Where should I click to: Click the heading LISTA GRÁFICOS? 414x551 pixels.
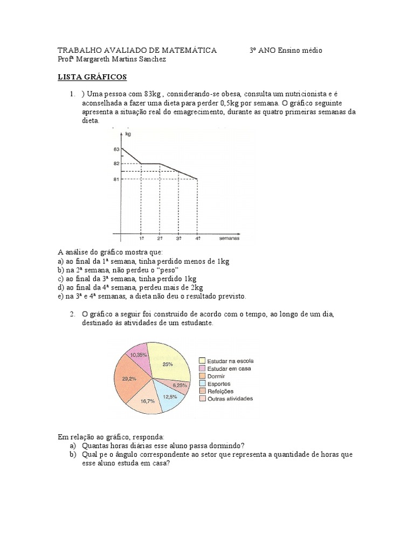[x=92, y=77]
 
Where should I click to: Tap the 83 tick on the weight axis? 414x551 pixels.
[x=116, y=149]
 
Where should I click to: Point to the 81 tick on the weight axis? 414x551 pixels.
[x=116, y=179]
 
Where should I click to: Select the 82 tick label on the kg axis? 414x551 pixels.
[x=116, y=163]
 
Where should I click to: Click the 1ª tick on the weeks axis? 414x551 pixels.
[x=141, y=238]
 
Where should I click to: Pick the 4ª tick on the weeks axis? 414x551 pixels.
[x=198, y=238]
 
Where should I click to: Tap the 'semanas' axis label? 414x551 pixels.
[x=229, y=237]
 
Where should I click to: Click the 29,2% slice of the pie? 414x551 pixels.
[x=129, y=379]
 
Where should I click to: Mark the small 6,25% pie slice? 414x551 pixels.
[x=179, y=385]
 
